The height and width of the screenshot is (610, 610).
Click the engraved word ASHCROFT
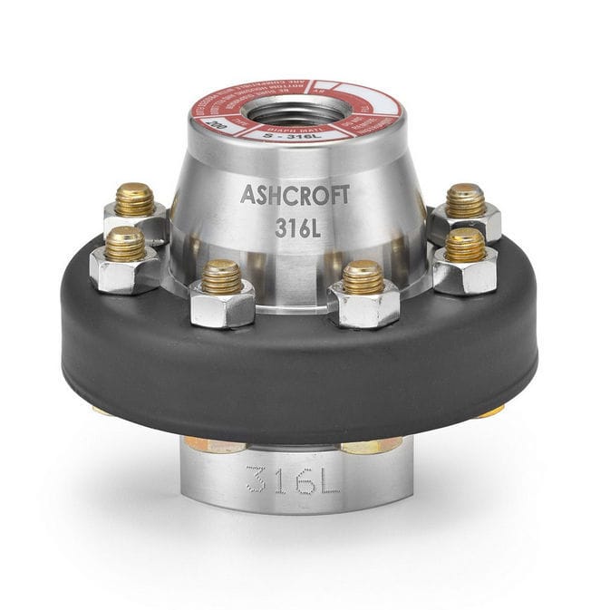293,193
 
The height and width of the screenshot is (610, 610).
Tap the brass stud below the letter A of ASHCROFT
222,276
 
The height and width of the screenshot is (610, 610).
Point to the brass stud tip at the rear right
465,199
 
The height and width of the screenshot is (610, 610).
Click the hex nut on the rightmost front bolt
465,270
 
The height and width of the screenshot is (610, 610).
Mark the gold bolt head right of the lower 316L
372,444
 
